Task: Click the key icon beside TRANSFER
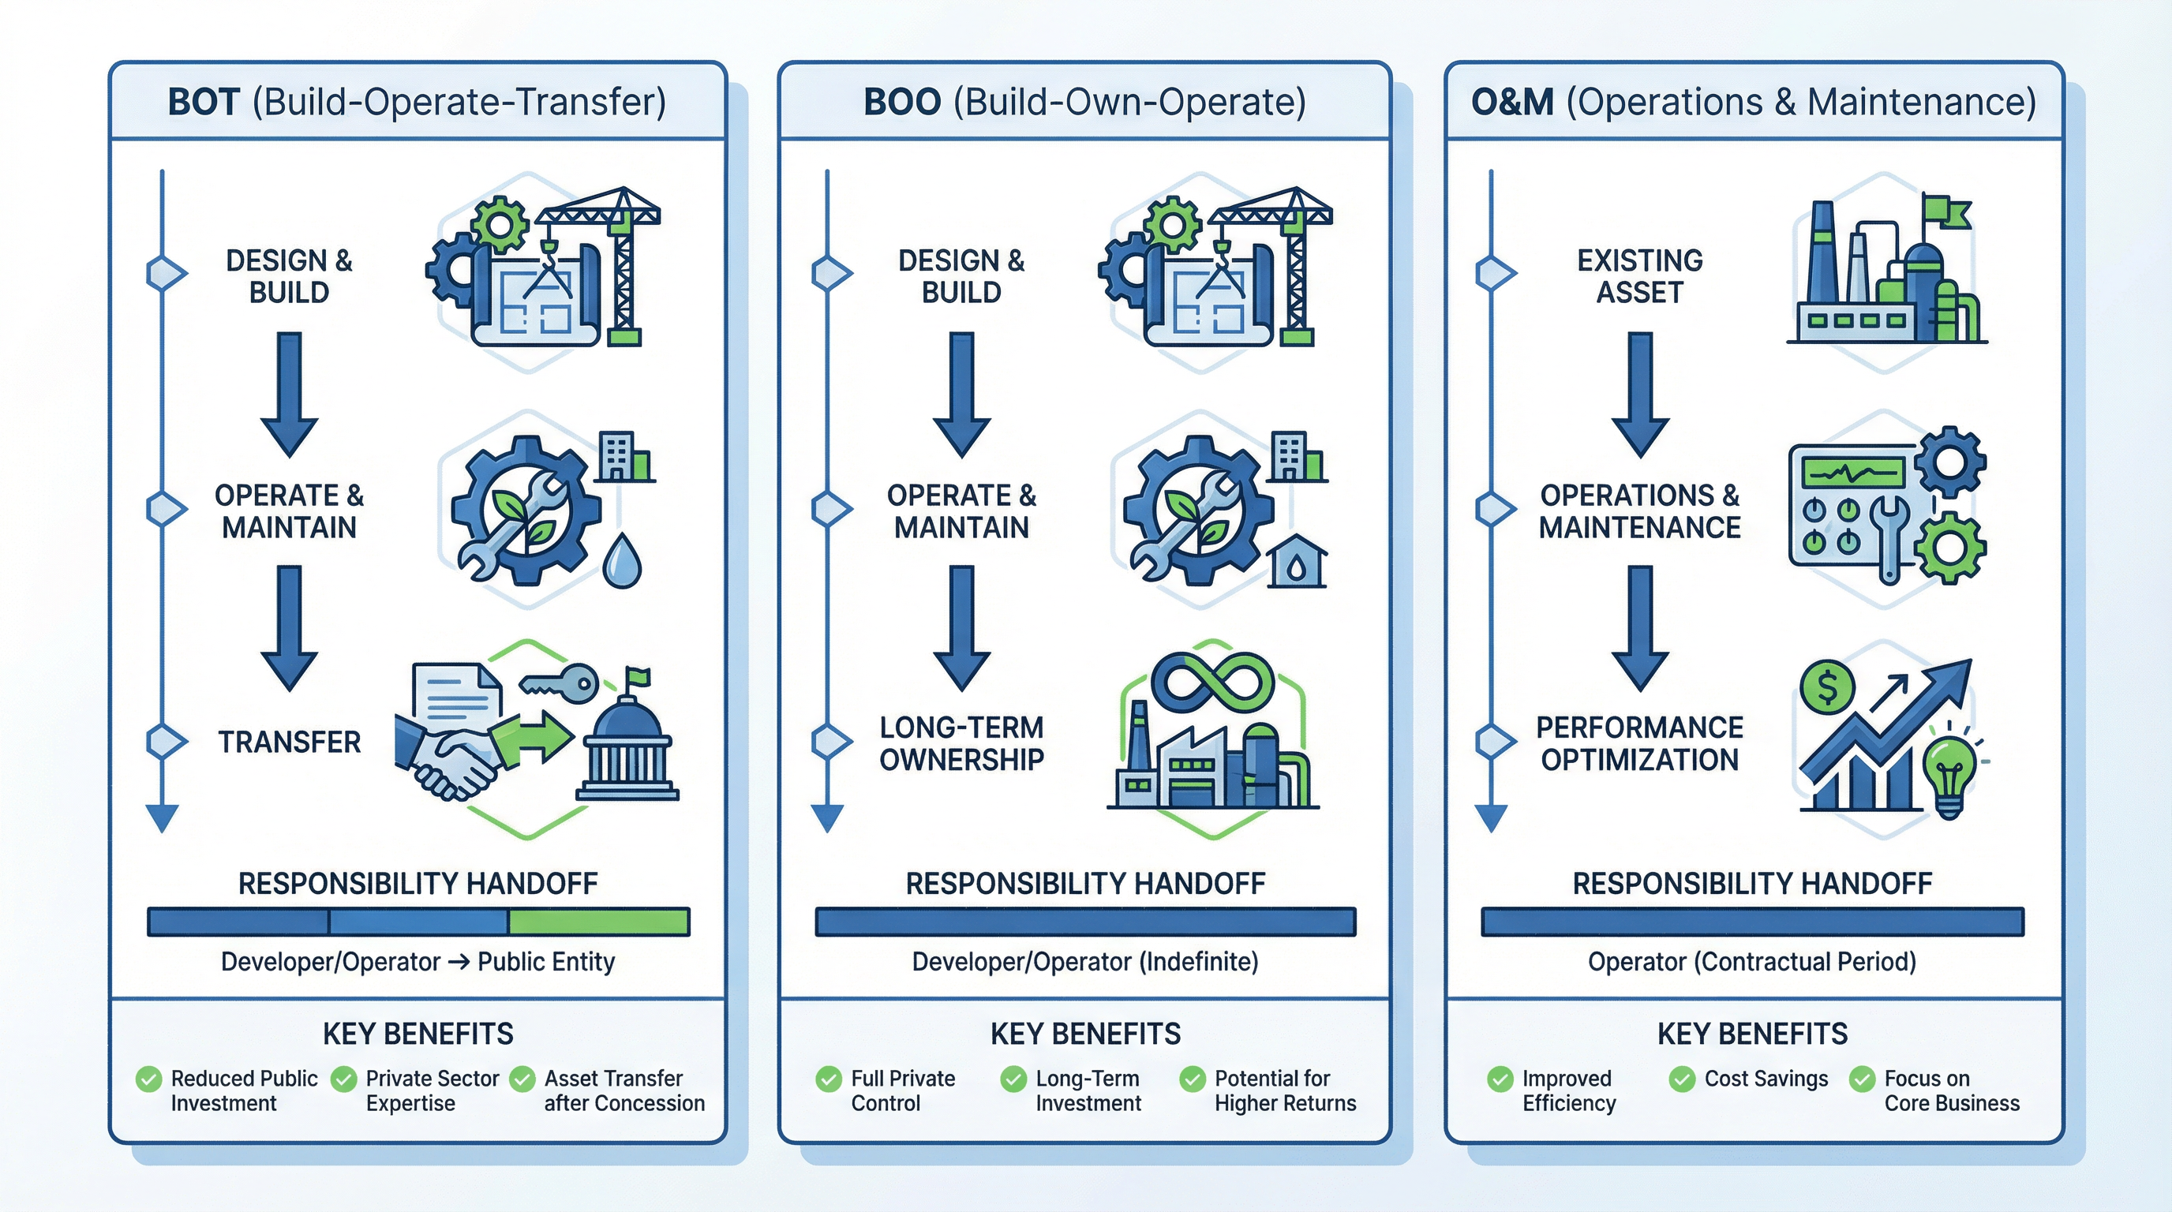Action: pos(560,682)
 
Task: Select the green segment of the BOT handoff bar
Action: pos(599,921)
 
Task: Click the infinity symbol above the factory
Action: pos(1211,680)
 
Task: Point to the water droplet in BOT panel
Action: pos(622,559)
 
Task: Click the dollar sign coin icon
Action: pos(1827,687)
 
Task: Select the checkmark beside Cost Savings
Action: pos(1682,1079)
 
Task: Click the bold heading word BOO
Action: pos(901,102)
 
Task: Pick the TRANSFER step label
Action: pos(289,742)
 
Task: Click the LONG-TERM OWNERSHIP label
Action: pos(961,743)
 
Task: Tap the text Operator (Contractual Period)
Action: pos(1751,962)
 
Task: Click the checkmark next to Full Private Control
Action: pos(828,1079)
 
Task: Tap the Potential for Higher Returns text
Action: pos(1284,1090)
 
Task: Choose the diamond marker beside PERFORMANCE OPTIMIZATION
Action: pos(1495,742)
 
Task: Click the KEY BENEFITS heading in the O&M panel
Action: pos(1751,1034)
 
